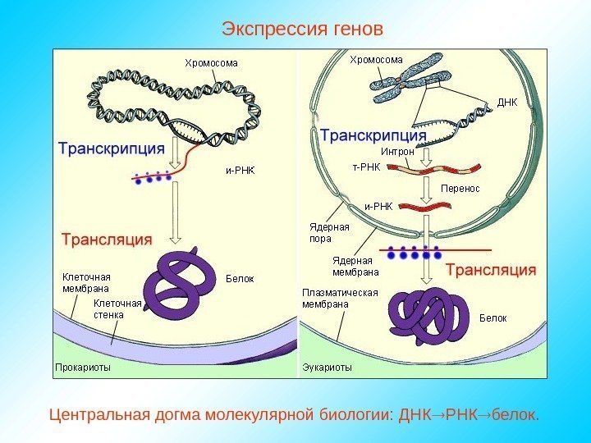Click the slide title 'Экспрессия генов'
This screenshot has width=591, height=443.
pos(302,30)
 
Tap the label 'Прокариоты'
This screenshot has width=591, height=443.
pos(82,368)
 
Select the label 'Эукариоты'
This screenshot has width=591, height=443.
pos(327,368)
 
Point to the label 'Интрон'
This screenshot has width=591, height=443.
pos(397,153)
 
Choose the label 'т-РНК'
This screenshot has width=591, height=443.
pos(366,167)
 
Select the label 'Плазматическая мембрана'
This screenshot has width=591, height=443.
pos(339,298)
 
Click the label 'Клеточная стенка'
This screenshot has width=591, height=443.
pos(124,308)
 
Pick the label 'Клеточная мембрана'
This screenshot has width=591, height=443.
pos(86,282)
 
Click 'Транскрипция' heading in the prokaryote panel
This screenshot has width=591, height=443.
pos(112,149)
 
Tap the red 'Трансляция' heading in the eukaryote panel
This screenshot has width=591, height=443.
pos(491,269)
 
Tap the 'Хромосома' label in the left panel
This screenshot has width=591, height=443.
pos(211,62)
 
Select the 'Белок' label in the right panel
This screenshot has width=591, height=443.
pos(493,317)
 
